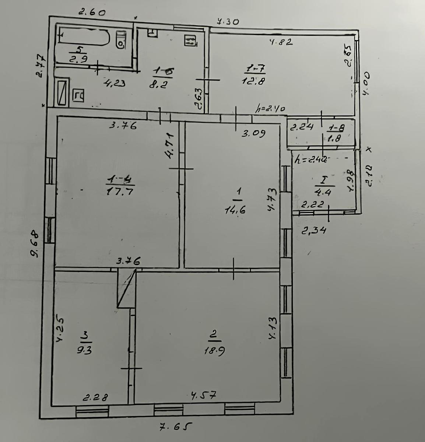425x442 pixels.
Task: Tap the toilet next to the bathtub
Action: [x=121, y=40]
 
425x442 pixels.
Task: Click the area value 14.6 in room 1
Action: [x=236, y=210]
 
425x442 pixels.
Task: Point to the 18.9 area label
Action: [x=215, y=350]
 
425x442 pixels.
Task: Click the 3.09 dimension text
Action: [x=253, y=133]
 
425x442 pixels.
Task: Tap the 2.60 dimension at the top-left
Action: [x=92, y=12]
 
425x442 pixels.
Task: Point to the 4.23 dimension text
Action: [x=114, y=83]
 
